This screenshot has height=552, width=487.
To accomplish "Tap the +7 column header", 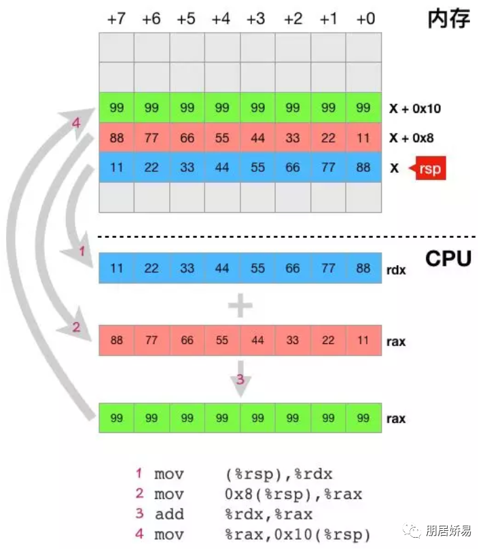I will pos(116,18).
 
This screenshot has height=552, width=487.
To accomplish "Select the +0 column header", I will pos(364,18).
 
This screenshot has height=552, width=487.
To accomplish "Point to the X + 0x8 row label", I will pos(412,138).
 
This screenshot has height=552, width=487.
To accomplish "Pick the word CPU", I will pos(448,259).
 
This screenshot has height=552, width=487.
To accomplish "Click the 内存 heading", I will pos(449,18).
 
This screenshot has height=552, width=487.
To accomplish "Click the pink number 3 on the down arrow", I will pos(240,380).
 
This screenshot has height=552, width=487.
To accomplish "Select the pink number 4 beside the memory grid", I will pos(77,123).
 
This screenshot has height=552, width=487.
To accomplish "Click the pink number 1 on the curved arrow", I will pos(82,252).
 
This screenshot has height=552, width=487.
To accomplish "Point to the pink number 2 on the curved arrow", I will pos(76,328).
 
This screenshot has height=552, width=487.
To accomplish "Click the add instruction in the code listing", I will pos(169,514).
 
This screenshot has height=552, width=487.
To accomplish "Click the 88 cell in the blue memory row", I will pos(363,167).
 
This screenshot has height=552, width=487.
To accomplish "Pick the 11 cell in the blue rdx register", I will pos(116,269).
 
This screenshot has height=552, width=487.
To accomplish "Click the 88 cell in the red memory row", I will pos(116,138).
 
